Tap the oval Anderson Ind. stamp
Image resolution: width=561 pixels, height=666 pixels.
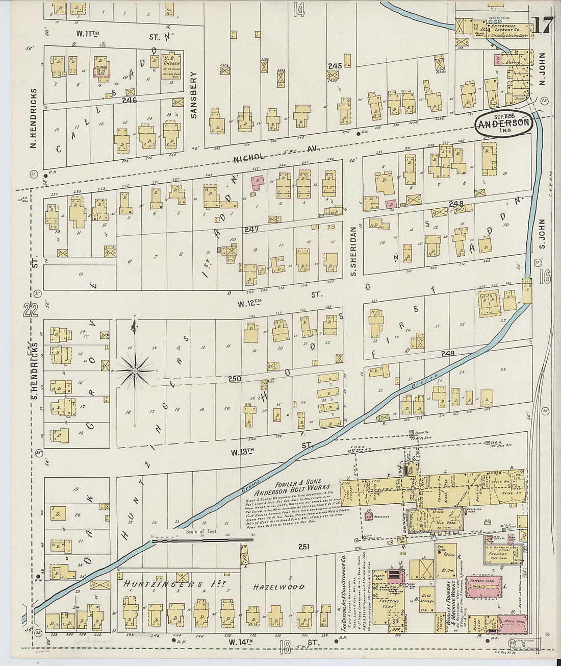click(504, 124)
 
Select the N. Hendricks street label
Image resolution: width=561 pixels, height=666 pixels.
click(34, 118)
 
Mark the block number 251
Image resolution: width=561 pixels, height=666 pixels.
click(304, 547)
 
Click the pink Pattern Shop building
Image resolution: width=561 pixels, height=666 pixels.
click(484, 584)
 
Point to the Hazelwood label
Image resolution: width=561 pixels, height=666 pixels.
click(278, 587)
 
